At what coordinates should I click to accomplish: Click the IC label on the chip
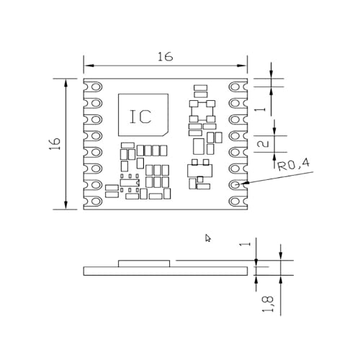click(140, 117)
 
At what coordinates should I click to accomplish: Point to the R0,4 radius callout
click(293, 166)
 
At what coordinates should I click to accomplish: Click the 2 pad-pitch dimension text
click(264, 144)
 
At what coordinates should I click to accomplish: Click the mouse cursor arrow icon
click(208, 238)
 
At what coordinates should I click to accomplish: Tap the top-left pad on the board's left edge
click(91, 86)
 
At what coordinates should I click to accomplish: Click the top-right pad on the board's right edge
click(238, 86)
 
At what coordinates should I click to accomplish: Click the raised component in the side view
click(145, 264)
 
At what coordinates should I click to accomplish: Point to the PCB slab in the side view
click(165, 271)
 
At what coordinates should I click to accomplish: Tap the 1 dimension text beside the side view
click(251, 244)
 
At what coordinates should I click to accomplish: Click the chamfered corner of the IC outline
click(165, 133)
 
